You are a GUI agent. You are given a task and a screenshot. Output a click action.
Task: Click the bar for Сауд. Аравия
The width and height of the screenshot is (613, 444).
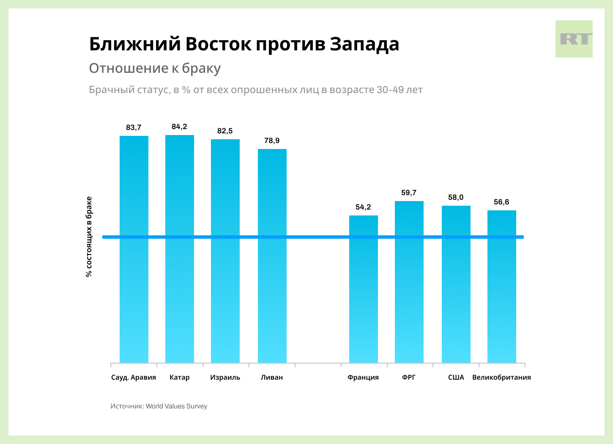tap(134, 249)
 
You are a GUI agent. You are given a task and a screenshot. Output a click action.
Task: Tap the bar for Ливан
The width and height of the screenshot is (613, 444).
tap(272, 256)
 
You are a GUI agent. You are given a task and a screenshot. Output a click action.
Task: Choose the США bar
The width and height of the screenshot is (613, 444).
tap(456, 284)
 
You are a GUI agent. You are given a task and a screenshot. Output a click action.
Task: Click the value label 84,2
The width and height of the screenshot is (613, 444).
tap(179, 127)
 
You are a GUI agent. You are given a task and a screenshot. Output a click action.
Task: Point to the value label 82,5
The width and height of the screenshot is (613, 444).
tap(225, 131)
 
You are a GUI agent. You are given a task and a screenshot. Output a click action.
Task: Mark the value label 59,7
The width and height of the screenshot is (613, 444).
tap(409, 193)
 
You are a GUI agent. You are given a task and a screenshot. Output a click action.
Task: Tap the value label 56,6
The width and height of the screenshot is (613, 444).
tap(501, 202)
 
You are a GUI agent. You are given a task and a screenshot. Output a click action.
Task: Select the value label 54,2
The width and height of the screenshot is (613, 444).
tap(363, 207)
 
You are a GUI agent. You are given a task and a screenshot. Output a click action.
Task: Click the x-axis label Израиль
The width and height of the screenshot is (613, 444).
tap(225, 377)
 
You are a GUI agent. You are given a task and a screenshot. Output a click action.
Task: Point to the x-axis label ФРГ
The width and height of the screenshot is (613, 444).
tap(409, 377)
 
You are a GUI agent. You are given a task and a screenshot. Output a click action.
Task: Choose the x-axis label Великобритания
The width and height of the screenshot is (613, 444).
tap(501, 377)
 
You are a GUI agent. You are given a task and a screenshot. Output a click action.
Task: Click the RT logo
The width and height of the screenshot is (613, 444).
tap(574, 39)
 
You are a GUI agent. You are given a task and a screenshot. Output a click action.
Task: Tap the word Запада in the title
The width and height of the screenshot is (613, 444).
tap(364, 44)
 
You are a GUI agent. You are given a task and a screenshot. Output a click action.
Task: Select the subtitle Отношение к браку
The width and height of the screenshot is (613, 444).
tap(155, 68)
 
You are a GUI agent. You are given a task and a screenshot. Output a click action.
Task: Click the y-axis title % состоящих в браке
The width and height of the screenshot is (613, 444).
tap(89, 237)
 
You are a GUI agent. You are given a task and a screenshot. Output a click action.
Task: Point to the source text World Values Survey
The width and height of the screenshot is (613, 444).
tap(176, 406)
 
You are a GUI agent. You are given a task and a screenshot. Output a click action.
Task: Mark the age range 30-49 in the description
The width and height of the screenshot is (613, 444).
tap(390, 90)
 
